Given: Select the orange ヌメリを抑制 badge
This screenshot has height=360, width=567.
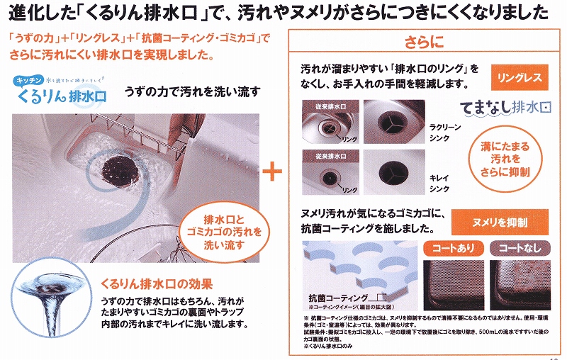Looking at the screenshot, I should coord(507,222).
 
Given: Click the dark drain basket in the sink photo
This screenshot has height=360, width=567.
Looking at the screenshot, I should coord(117,152).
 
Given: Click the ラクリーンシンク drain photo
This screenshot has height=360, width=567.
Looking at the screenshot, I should coord(393,123).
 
